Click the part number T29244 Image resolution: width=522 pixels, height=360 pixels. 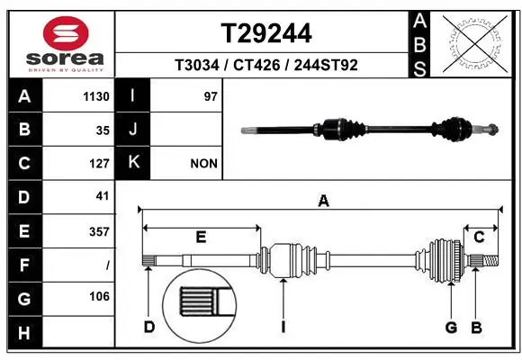click(x=266, y=33)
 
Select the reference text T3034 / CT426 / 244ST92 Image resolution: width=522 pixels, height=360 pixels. click(x=266, y=65)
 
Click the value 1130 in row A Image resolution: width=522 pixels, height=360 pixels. click(x=96, y=96)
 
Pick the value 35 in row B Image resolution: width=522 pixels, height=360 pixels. click(x=102, y=130)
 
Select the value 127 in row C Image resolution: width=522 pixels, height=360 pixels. click(x=99, y=164)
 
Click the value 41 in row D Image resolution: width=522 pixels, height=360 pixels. click(x=102, y=196)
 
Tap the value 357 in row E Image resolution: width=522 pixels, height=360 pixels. click(x=98, y=230)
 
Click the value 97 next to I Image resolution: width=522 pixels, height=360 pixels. click(x=211, y=96)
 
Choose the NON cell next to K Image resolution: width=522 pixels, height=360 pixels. click(x=202, y=164)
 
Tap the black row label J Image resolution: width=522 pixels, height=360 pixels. click(x=132, y=130)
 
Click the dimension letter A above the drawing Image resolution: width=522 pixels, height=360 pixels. click(x=322, y=202)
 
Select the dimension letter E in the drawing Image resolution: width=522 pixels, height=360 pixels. click(x=201, y=237)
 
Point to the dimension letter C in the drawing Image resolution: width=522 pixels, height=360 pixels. click(x=479, y=237)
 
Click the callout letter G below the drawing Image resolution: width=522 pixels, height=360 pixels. click(x=451, y=327)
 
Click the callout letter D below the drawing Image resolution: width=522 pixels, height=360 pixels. click(x=149, y=327)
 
